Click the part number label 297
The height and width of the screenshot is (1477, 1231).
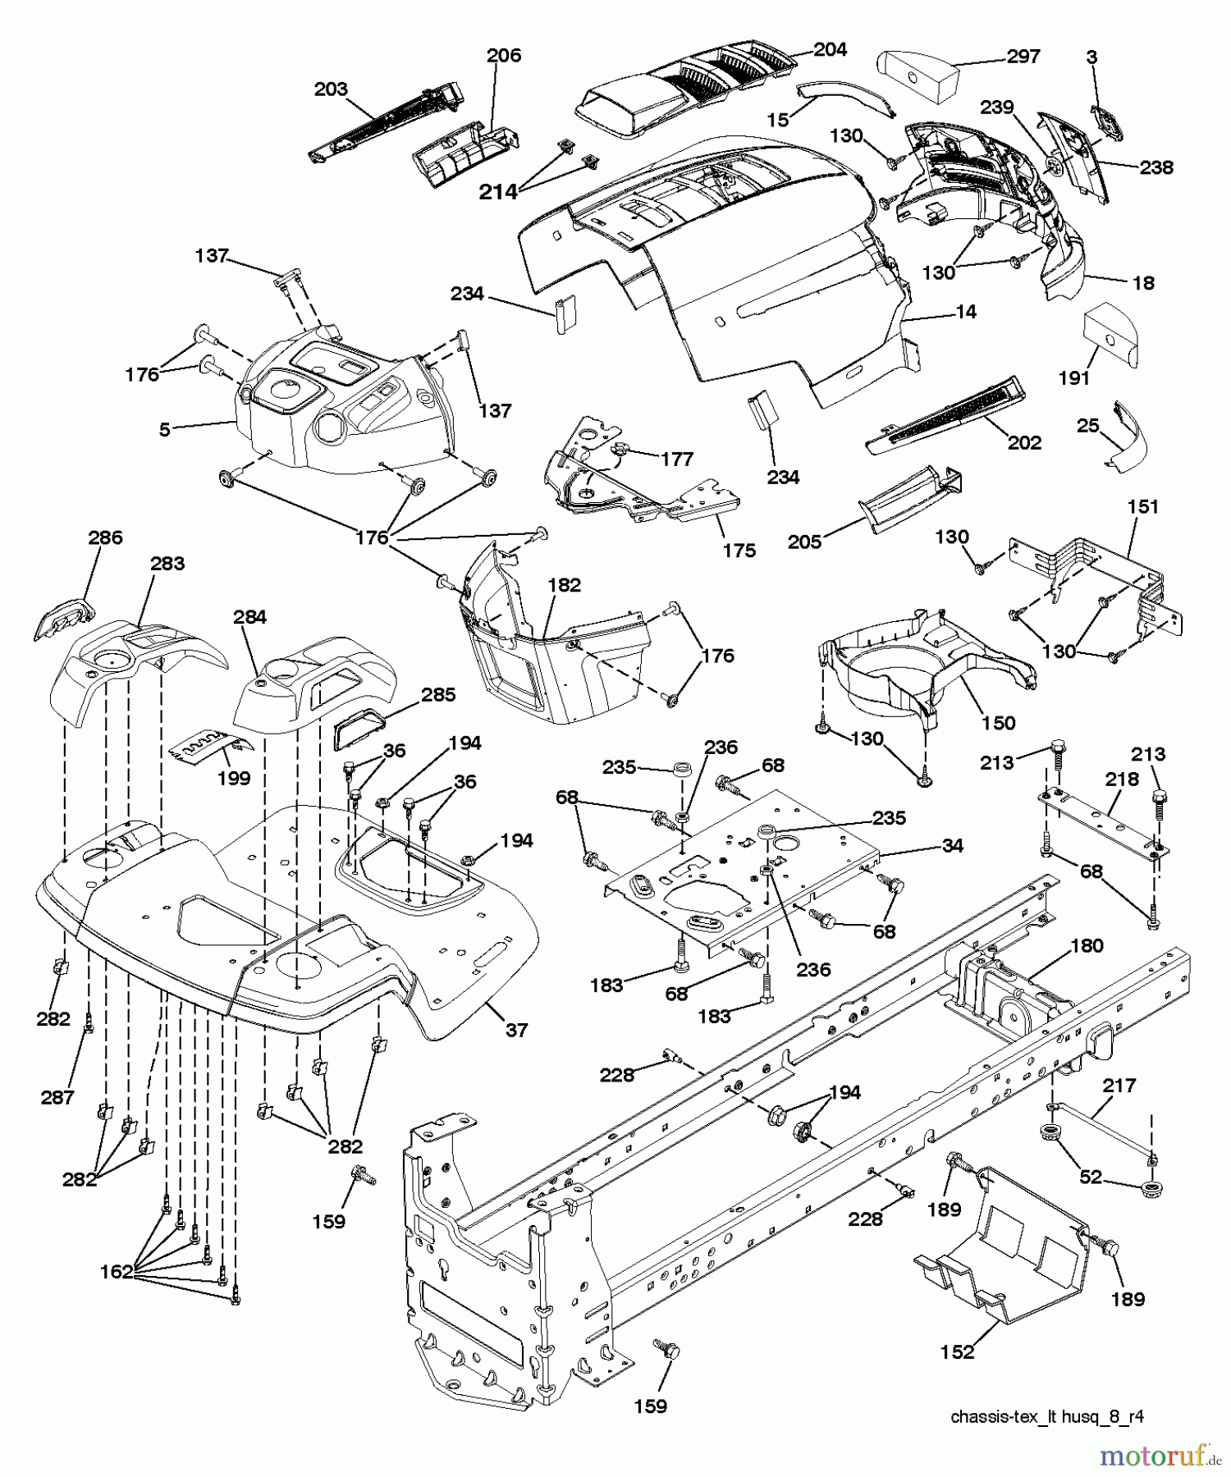click(x=1023, y=57)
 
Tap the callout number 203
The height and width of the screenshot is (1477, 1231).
click(x=331, y=89)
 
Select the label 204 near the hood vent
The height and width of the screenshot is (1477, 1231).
click(x=830, y=49)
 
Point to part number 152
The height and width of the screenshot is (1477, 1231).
click(x=957, y=1351)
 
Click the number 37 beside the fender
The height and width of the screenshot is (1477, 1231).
click(x=516, y=1030)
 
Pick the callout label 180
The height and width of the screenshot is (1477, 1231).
click(x=1087, y=945)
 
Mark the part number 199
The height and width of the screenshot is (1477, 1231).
click(x=234, y=777)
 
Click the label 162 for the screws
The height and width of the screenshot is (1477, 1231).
click(x=116, y=1272)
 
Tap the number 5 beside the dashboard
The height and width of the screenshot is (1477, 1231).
click(x=165, y=429)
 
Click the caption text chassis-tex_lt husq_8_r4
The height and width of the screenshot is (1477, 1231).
click(x=1047, y=1416)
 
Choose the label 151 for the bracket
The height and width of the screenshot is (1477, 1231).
click(x=1142, y=507)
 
